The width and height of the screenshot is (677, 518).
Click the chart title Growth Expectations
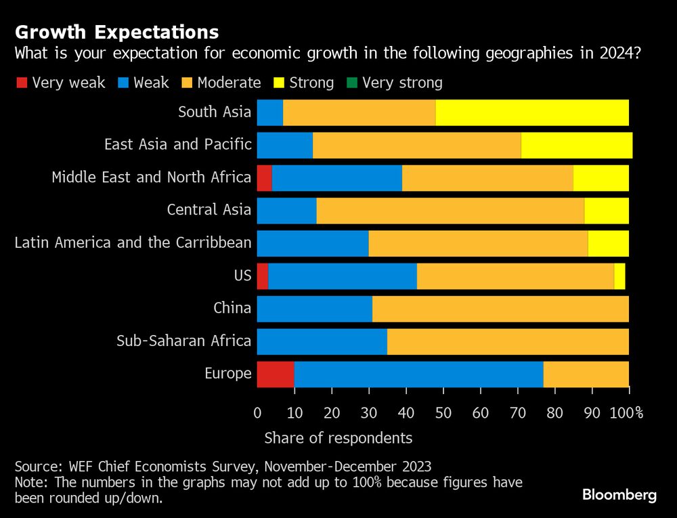click(x=116, y=32)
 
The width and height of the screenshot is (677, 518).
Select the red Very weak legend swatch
click(x=21, y=83)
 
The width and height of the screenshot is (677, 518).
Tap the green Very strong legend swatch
click(x=351, y=83)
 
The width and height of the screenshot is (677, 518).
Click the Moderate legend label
click(x=229, y=83)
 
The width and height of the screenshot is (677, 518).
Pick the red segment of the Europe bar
click(x=276, y=374)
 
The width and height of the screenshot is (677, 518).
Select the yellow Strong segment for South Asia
click(x=532, y=112)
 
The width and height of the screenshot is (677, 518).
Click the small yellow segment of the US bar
click(x=619, y=276)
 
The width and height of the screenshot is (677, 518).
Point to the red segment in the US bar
click(x=263, y=276)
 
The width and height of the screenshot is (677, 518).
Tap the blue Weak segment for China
click(x=315, y=309)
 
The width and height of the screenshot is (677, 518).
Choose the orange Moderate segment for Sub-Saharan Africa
click(x=508, y=341)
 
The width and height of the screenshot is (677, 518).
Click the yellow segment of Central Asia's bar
click(x=607, y=210)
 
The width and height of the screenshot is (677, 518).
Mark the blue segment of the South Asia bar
click(x=270, y=112)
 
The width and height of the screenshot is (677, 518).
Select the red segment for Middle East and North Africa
click(x=265, y=177)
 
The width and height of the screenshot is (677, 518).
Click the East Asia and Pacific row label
click(x=177, y=144)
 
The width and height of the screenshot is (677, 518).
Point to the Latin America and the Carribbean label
click(x=133, y=242)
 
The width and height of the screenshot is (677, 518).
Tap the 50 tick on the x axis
click(x=443, y=413)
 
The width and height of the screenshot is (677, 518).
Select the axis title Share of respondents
click(x=338, y=438)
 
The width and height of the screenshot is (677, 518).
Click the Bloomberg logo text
click(x=619, y=495)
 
